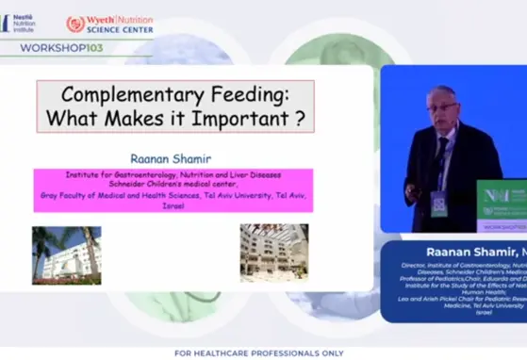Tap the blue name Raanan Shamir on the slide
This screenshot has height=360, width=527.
coord(174,159)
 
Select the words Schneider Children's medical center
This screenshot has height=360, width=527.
coord(174,184)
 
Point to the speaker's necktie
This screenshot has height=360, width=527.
coord(440,151)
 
